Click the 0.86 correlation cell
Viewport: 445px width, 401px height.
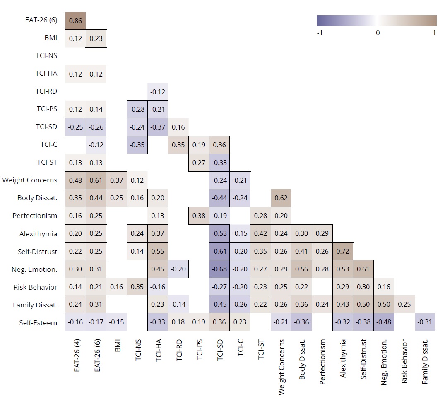coord(75,20)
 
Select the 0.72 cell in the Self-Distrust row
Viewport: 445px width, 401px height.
coord(343,251)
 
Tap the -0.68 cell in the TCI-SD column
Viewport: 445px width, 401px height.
coord(219,269)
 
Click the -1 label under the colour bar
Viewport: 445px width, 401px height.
coord(319,33)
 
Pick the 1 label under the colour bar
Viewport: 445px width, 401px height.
coord(434,33)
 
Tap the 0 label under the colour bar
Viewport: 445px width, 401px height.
coord(378,33)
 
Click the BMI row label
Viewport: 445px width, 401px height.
coord(51,38)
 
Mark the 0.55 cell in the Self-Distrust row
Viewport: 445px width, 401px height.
coord(158,251)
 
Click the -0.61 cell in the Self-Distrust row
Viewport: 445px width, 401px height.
coord(219,251)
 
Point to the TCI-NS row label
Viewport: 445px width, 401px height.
coord(46,56)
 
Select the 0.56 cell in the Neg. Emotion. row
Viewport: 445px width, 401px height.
coord(302,269)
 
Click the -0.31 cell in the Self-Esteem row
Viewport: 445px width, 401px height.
coord(425,322)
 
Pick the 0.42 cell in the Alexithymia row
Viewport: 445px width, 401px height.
coord(261,233)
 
